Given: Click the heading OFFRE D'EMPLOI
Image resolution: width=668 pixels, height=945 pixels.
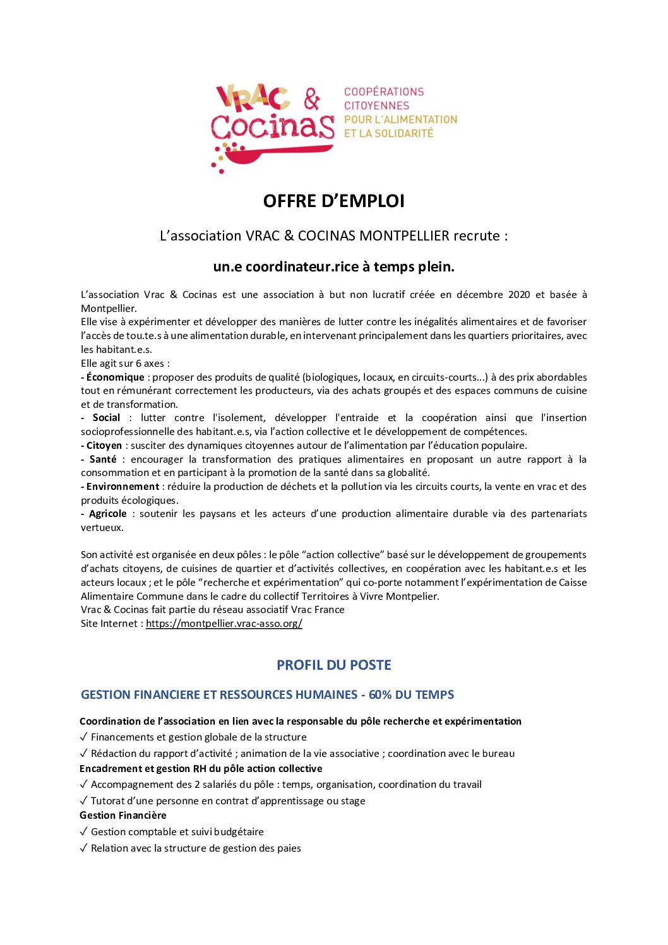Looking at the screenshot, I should click(x=333, y=201).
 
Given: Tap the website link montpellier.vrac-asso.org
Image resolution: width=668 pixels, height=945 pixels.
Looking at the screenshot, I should click(x=224, y=624).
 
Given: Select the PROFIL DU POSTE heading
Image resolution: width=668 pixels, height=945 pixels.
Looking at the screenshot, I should click(x=333, y=665).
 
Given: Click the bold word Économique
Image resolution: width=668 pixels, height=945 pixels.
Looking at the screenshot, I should click(x=115, y=377).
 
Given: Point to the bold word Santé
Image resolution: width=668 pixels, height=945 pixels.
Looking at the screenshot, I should click(x=103, y=460).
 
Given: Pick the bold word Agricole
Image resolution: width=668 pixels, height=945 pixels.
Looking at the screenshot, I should click(x=107, y=514).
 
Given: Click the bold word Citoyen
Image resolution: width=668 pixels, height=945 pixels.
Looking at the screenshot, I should click(x=104, y=446).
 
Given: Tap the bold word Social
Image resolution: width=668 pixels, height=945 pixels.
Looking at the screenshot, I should click(x=106, y=418).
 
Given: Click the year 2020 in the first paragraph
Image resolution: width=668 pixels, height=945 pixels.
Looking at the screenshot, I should click(x=518, y=295).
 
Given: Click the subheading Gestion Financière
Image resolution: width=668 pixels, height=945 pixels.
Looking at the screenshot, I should click(x=122, y=816).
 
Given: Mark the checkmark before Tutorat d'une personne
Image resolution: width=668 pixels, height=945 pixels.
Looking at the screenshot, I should click(x=84, y=801).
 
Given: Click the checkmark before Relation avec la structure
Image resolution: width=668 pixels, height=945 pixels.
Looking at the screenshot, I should click(x=84, y=848).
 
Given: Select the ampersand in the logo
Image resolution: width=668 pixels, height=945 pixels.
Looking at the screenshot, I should click(x=312, y=99).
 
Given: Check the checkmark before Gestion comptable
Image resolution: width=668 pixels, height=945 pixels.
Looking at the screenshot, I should click(x=84, y=832).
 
